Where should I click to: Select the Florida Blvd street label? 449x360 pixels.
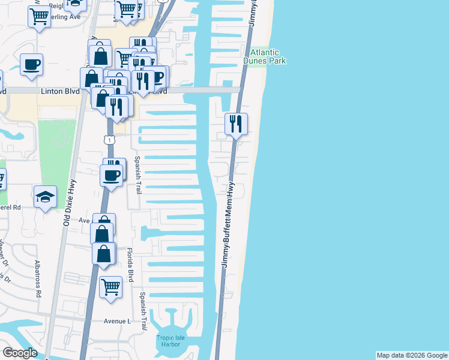click(130, 264)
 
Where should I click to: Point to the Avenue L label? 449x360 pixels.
click(117, 321)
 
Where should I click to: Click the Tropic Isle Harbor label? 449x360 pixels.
click(173, 341)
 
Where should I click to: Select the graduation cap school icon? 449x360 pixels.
click(45, 197)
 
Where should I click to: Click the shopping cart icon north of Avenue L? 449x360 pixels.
click(110, 286)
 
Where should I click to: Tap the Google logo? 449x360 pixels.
click(20, 353)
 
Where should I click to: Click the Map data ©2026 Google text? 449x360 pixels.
click(412, 355)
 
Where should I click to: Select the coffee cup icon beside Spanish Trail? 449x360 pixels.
click(111, 175)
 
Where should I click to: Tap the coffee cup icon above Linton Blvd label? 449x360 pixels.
click(31, 64)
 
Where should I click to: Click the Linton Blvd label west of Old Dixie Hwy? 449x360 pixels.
click(60, 92)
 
